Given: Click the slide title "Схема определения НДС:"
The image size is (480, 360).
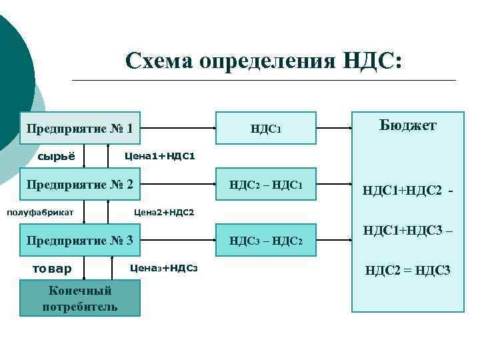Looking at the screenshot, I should [264, 61].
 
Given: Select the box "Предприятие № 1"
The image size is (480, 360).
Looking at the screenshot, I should [80, 127].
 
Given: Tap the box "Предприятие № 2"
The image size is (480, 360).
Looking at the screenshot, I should [80, 183].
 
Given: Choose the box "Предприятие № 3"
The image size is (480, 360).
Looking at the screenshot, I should [80, 240].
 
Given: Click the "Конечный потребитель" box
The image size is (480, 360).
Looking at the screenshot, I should [80, 298].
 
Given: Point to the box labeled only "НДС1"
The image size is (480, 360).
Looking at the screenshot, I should [265, 127].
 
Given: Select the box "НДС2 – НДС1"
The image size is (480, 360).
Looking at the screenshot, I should [265, 184].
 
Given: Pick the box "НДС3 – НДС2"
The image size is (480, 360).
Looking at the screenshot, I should [265, 240].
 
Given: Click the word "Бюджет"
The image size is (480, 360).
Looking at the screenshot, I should [408, 125].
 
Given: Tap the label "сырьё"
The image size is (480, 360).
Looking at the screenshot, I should [55, 157].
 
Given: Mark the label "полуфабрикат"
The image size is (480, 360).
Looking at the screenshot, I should [40, 213].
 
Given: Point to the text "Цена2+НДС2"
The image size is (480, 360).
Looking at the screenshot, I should [164, 213].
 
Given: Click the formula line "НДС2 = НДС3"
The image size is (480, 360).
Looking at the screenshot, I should [407, 270].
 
